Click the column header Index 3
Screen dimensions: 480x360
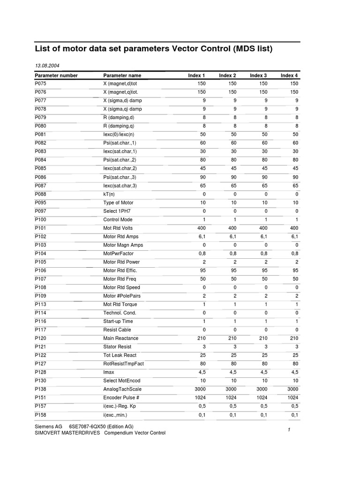258,75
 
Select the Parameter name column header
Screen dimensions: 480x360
122,75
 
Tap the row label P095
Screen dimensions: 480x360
41,202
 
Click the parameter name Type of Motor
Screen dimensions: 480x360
118,202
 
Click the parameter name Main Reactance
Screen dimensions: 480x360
121,338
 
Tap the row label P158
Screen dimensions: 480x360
41,415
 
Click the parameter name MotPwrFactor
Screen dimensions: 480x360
118,254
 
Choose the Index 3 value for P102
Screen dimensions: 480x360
263,237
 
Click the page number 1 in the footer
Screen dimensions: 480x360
289,430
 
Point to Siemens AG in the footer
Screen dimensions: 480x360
48,427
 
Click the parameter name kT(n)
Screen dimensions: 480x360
110,194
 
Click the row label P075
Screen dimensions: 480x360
41,83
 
